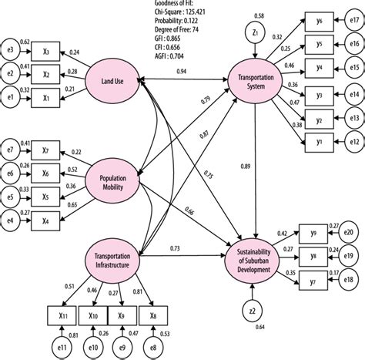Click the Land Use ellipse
click(x=116, y=76)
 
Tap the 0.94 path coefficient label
click(x=182, y=71)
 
